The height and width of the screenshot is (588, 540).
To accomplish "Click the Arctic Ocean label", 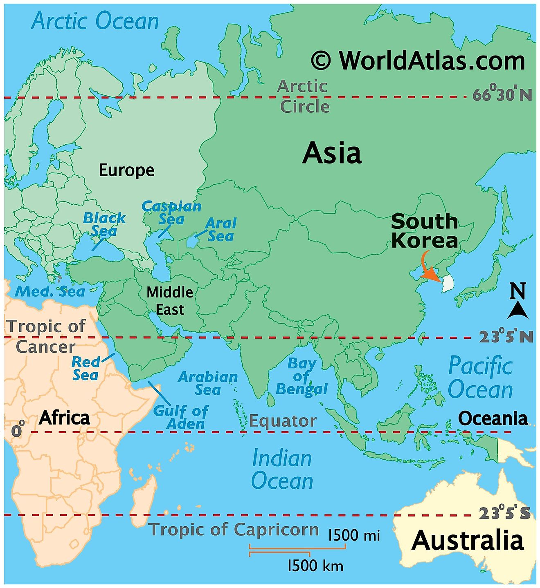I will [x=95, y=21].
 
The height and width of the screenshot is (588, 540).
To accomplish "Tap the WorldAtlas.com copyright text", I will [x=418, y=61].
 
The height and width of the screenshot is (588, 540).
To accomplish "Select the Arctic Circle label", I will [x=304, y=96].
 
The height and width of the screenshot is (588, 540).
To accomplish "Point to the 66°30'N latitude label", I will [x=502, y=95].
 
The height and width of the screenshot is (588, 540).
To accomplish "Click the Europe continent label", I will [x=126, y=170].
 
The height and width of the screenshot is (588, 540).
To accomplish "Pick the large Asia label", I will [x=332, y=153].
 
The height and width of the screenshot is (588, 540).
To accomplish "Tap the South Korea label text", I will [x=424, y=231].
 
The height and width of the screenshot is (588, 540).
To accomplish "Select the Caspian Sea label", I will [x=171, y=212].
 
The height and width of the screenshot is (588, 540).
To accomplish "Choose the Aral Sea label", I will [x=220, y=230].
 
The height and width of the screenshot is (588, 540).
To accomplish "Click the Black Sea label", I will [x=104, y=224].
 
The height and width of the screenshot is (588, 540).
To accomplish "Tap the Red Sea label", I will [x=85, y=368].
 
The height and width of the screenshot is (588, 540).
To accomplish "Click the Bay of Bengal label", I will [x=302, y=376].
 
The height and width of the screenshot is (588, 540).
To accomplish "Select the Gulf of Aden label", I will [x=181, y=417].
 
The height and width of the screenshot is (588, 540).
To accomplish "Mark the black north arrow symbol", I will [x=517, y=311].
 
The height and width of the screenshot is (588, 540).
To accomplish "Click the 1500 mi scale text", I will [x=354, y=535].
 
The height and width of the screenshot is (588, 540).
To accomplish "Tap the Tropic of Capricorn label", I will [x=234, y=530].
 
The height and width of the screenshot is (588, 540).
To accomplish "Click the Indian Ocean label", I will [x=282, y=470].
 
